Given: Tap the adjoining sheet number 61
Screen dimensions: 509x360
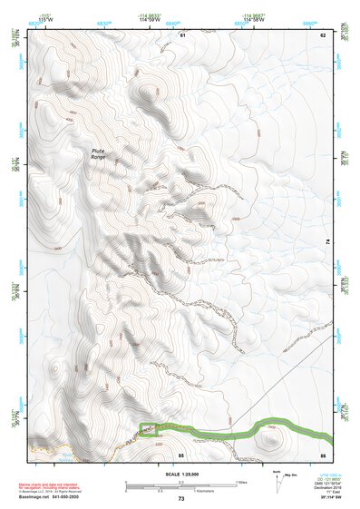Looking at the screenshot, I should pos(181,34).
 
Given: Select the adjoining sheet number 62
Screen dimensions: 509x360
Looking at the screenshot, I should pos(322,34).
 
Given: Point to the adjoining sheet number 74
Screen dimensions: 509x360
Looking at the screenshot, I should pos(327,241).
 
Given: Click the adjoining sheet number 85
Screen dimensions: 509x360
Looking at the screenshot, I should pos(181,454).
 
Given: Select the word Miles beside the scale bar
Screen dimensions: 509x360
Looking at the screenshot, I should pos(240,482).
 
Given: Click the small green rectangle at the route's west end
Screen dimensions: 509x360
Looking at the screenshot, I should pos(147,430).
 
